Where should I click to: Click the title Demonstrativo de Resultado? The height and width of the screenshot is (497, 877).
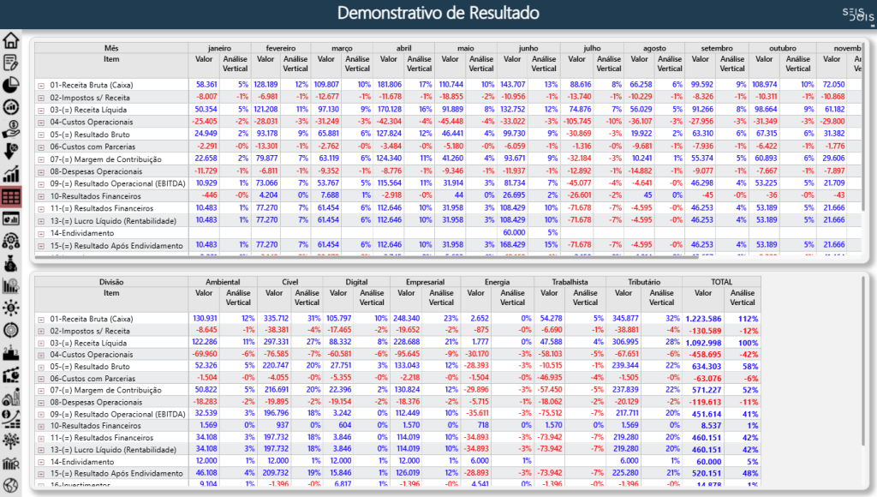coord(438,13)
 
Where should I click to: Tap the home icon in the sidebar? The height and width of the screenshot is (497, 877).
coord(11,40)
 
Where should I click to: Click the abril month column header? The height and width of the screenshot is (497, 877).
coord(403,48)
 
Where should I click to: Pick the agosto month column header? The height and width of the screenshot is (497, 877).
coord(653,48)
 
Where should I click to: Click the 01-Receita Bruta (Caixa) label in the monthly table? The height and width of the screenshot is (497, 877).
coord(92,85)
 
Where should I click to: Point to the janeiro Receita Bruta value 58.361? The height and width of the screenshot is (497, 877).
coord(206,85)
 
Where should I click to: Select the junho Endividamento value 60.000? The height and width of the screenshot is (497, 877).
coord(514,232)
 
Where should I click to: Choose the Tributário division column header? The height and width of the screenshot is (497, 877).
coord(643,281)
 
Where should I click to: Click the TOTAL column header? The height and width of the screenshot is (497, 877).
coord(721,281)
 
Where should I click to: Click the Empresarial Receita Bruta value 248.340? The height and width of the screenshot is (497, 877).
coord(409,319)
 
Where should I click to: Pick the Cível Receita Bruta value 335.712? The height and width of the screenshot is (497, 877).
coord(276,319)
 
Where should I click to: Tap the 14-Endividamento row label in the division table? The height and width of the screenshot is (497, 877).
coord(81,461)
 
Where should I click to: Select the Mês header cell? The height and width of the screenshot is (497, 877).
coord(111,48)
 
